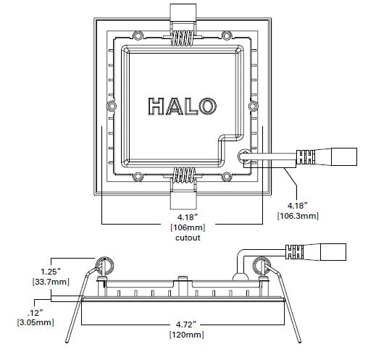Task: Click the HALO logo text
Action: click(x=182, y=106)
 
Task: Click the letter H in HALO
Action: click(x=157, y=106)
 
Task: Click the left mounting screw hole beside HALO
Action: click(x=112, y=106)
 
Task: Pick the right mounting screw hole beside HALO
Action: click(x=253, y=106)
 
